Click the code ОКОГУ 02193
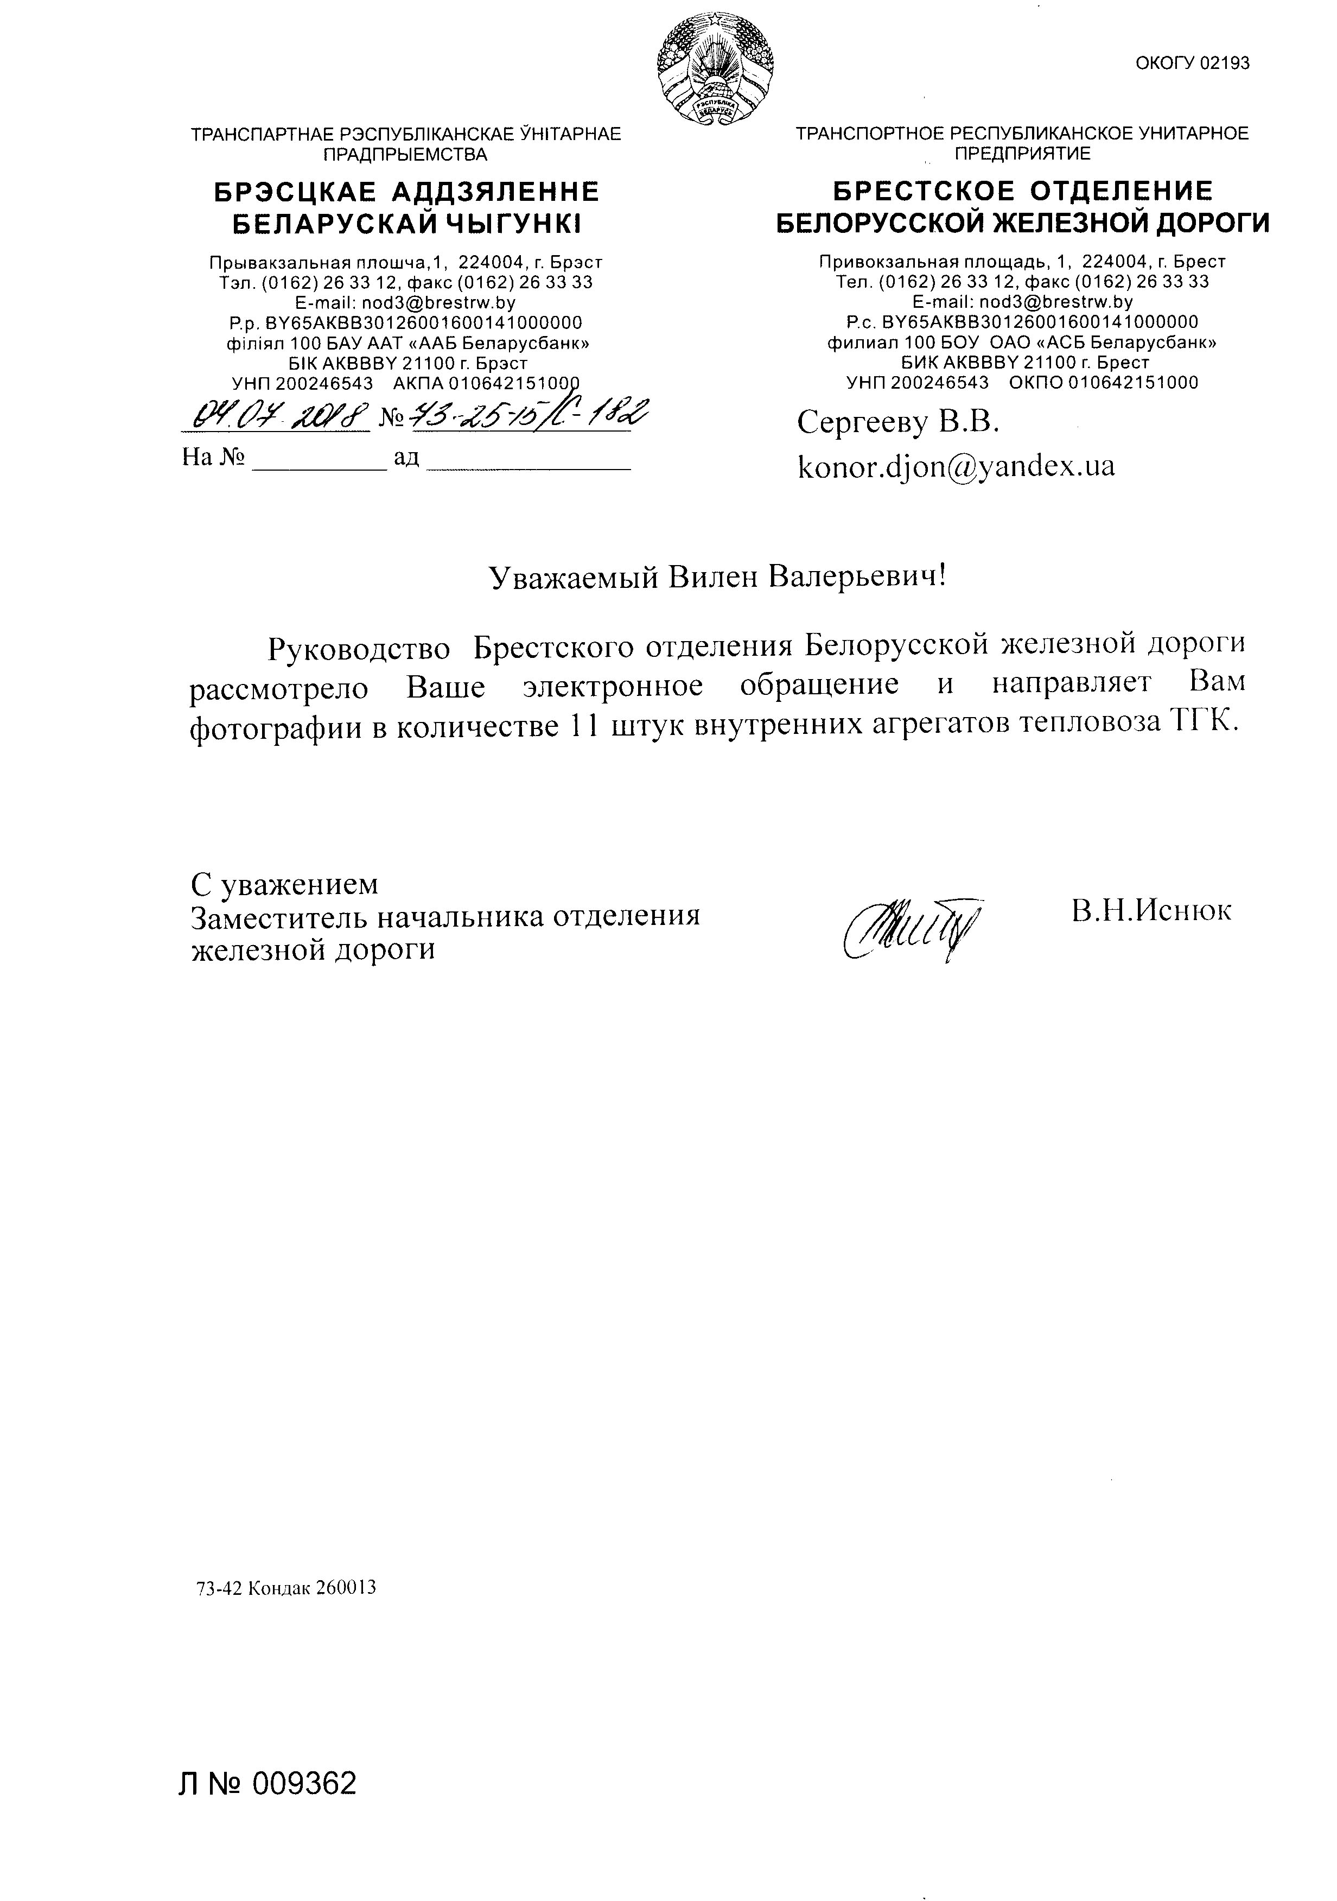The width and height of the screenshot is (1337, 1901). (1192, 64)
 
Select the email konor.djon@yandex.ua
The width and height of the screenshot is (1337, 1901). (956, 466)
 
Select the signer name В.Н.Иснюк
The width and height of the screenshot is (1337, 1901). (1151, 911)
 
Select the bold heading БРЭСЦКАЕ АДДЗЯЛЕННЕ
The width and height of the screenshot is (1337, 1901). (406, 192)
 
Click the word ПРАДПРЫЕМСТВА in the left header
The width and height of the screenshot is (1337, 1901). (406, 154)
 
